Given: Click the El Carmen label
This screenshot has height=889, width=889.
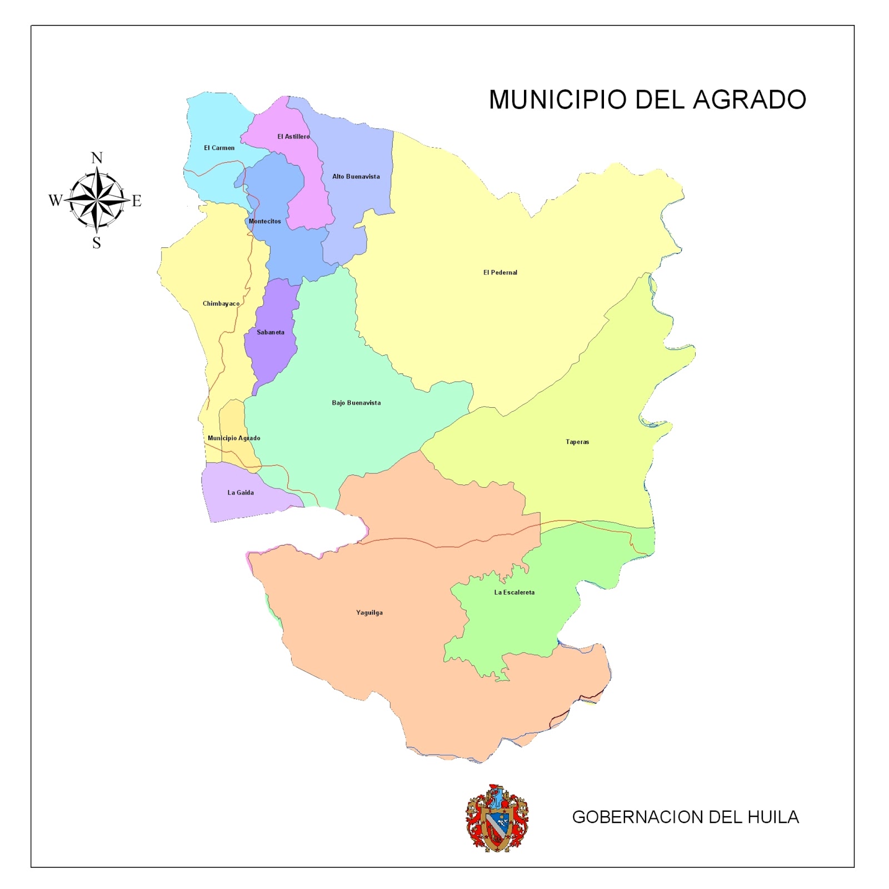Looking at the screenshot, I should pos(219,148).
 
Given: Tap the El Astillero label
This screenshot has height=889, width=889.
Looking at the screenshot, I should pos(293,137).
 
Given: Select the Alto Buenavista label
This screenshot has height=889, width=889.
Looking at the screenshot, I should pos(356,177).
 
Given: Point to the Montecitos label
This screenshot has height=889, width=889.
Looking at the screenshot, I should pos(264,221).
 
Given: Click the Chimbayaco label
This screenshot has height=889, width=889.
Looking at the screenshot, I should pos(221,303).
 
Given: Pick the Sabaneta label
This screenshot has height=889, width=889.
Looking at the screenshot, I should pos(271,332).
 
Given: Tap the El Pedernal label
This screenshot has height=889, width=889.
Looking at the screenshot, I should pos(500,272).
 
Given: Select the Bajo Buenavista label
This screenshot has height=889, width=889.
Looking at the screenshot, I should pos(356,403).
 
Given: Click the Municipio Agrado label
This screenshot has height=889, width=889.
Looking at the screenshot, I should pos(234,438).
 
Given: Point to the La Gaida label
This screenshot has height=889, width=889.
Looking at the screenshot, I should pos(241,492).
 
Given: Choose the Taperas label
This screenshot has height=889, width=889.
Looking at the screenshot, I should pos(577,442).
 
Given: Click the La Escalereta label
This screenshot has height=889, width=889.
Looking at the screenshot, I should pos(515,592).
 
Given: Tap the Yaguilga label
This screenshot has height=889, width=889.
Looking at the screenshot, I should pos(369,613).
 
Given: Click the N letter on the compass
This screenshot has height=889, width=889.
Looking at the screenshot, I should pos(97,158).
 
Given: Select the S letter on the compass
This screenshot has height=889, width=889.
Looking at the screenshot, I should pos(97,243).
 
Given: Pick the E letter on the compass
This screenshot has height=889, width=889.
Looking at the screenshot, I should pos(137,201).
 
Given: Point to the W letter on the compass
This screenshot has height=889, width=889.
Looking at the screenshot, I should pos(55,200).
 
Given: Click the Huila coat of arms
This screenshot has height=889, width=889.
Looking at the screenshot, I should pos(497,818).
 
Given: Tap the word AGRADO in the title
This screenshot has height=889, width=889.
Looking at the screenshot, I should pos(750,100).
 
